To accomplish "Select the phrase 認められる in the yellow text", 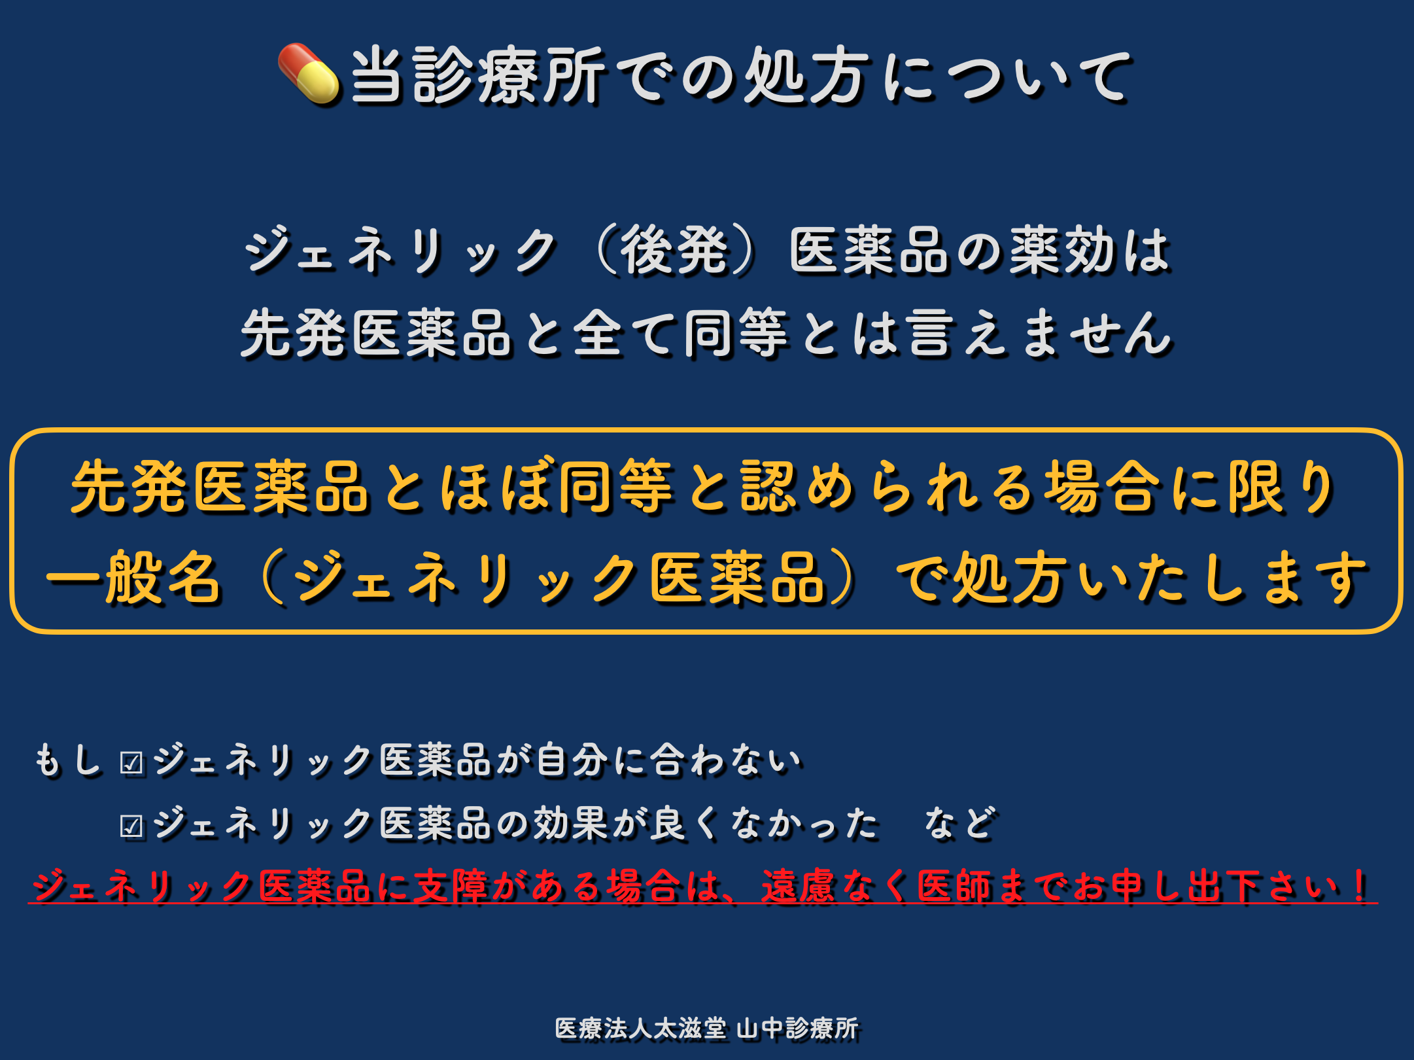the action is click(x=890, y=487).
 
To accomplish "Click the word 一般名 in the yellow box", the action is click(x=134, y=576).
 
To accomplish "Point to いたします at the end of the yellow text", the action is click(x=1222, y=576).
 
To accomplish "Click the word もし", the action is click(x=68, y=760).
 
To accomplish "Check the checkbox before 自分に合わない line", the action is click(x=131, y=763).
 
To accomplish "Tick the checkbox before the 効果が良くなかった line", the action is click(x=131, y=826).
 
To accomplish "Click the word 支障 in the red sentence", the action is click(x=451, y=885).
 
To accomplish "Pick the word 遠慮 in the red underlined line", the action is click(x=799, y=885).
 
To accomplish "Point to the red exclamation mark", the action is click(x=1360, y=885).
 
